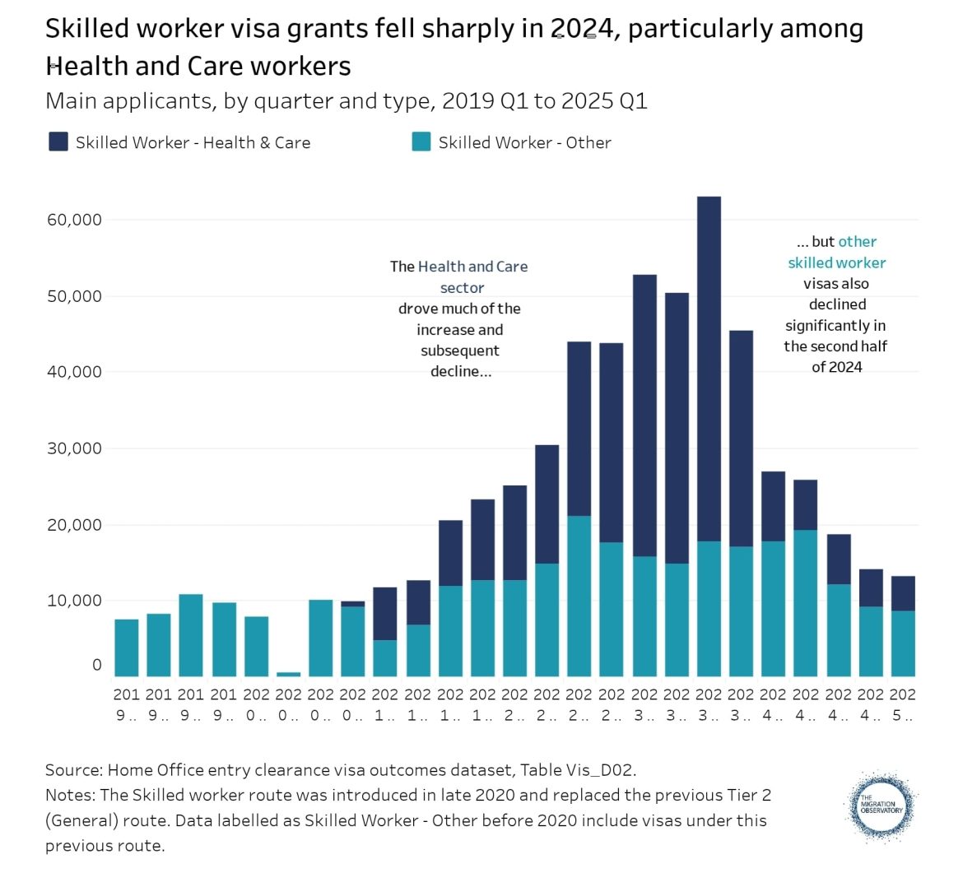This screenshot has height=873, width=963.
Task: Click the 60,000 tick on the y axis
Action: pos(74,220)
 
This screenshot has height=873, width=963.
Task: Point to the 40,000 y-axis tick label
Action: pos(74,372)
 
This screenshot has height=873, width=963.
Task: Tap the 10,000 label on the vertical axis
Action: pos(74,601)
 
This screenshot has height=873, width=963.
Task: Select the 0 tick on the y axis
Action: pos(97,665)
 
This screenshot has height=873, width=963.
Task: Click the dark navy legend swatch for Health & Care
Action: pos(58,142)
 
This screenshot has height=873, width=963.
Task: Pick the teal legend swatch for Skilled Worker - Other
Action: pos(421,142)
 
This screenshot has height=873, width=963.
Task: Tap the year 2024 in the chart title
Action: pos(584,30)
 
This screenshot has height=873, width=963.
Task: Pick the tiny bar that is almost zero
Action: pos(288,674)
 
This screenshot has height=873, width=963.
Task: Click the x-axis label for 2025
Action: pos(903,704)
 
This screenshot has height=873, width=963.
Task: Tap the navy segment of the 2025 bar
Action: pos(903,593)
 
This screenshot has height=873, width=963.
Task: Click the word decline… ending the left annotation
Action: pos(460,372)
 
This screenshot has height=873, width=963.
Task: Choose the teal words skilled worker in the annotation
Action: pos(836,263)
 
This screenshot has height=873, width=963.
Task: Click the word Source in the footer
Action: pos(72,770)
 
